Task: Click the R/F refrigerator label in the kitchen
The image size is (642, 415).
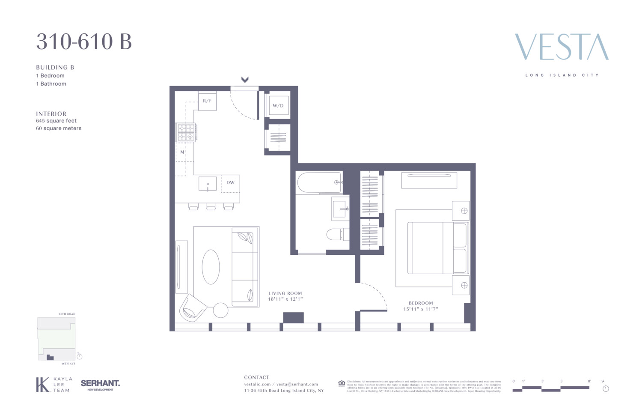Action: pyautogui.click(x=207, y=101)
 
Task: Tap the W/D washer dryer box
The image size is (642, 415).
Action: pyautogui.click(x=278, y=105)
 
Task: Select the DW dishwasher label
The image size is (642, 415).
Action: pyautogui.click(x=230, y=182)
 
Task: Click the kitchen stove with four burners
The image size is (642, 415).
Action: pyautogui.click(x=186, y=132)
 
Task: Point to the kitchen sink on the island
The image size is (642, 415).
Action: pyautogui.click(x=208, y=184)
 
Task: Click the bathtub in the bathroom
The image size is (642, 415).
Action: pyautogui.click(x=319, y=182)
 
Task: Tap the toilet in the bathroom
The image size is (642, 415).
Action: pyautogui.click(x=335, y=234)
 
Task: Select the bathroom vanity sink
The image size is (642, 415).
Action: pyautogui.click(x=340, y=209)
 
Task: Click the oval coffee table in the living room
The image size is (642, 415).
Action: pyautogui.click(x=211, y=266)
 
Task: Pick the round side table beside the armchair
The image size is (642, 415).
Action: pyautogui.click(x=220, y=310)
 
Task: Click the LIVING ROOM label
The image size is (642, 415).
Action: pyautogui.click(x=285, y=293)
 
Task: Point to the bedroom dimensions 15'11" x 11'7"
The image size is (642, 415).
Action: pyautogui.click(x=421, y=309)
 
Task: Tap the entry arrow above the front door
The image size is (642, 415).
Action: pyautogui.click(x=245, y=80)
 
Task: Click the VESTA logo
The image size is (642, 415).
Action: pyautogui.click(x=562, y=47)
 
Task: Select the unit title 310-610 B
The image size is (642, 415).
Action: pyautogui.click(x=84, y=42)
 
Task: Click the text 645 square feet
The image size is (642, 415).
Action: pyautogui.click(x=56, y=121)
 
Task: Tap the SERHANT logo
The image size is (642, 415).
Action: pyautogui.click(x=100, y=384)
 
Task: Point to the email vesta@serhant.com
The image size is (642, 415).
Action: pyautogui.click(x=297, y=384)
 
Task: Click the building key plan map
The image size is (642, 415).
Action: pyautogui.click(x=56, y=338)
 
